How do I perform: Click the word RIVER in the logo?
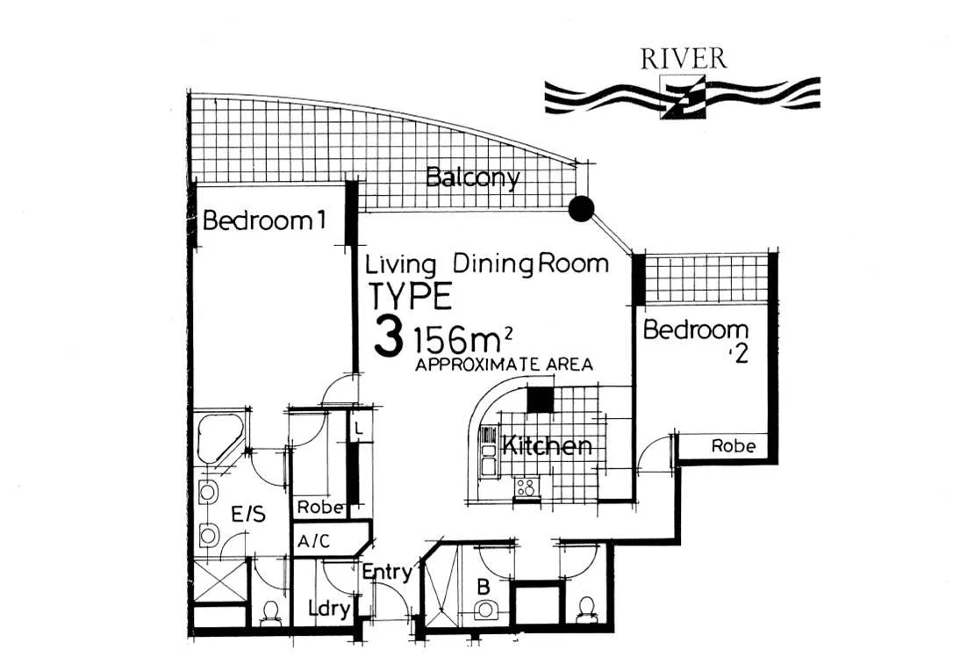684,59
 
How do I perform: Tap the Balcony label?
472,178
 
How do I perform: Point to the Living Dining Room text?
487,263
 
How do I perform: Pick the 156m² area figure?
462,339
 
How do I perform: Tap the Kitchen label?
546,446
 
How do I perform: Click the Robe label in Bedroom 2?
733,446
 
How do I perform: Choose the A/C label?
313,541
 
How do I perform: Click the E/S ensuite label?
249,516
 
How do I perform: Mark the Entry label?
387,573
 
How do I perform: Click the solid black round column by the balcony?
581,208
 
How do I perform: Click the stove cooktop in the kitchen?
527,487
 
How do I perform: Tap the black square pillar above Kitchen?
540,399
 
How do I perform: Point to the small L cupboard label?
359,429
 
